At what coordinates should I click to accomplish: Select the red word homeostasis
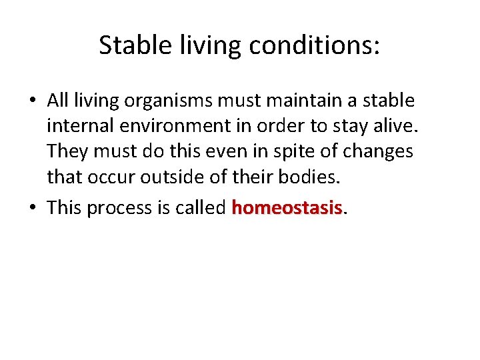(287, 207)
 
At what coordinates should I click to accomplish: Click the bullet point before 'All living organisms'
(33, 101)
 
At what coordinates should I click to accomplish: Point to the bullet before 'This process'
(33, 208)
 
